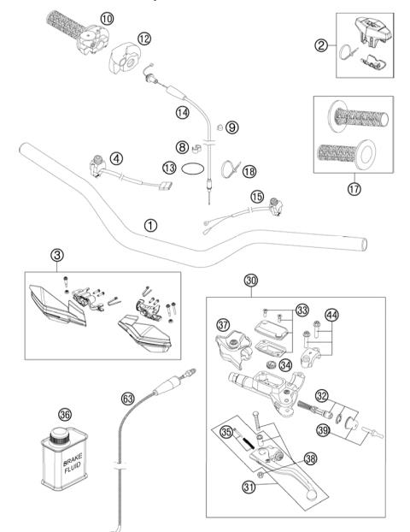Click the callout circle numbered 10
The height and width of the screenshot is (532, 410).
[106, 17]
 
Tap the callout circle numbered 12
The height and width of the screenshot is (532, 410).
[144, 38]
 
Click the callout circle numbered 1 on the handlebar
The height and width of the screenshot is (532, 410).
[150, 227]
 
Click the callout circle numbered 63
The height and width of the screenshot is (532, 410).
[127, 397]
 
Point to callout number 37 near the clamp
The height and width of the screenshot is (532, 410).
[224, 325]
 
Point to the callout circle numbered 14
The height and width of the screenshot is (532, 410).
[181, 112]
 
